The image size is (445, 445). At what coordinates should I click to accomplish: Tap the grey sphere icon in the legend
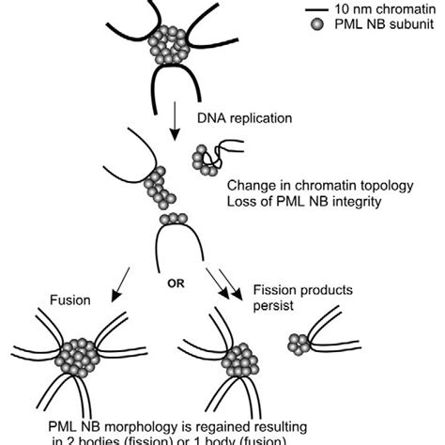point(316,26)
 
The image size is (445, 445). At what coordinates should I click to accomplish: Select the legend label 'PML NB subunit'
point(386,26)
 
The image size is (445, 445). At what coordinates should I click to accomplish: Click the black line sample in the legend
point(316,8)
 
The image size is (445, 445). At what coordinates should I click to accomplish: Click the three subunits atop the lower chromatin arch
point(173,219)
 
